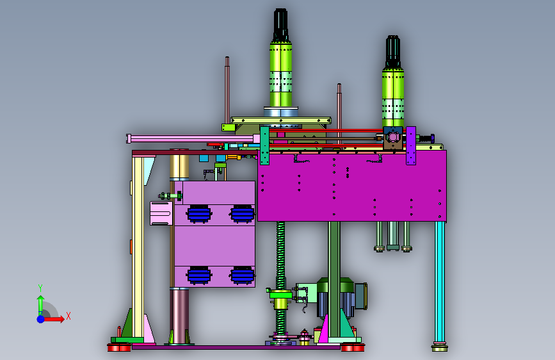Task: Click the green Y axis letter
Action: [x=40, y=288]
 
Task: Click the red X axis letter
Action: [x=68, y=316]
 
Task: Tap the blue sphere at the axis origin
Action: [x=41, y=319]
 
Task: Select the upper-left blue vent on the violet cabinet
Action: [x=199, y=214]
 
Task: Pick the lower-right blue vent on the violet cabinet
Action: [x=242, y=275]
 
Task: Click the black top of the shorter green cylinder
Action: [x=393, y=51]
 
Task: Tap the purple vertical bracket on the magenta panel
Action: [x=411, y=145]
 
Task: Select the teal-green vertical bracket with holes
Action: [x=265, y=145]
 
